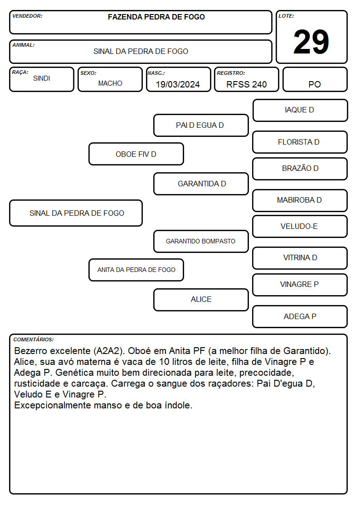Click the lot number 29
311,42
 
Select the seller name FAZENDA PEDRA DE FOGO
156,17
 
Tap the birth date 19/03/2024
178,84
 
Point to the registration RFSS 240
246,84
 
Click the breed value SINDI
42,78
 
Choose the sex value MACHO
110,83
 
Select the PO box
315,79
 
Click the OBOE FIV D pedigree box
136,154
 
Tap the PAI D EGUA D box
201,125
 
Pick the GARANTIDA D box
201,184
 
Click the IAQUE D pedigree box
300,111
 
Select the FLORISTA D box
300,142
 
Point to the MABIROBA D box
300,200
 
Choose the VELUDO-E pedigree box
300,226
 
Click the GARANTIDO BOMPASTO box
201,241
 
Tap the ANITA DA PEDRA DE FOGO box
136,270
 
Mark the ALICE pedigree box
201,300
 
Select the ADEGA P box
300,316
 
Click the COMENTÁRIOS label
34,339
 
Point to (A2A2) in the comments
109,351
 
